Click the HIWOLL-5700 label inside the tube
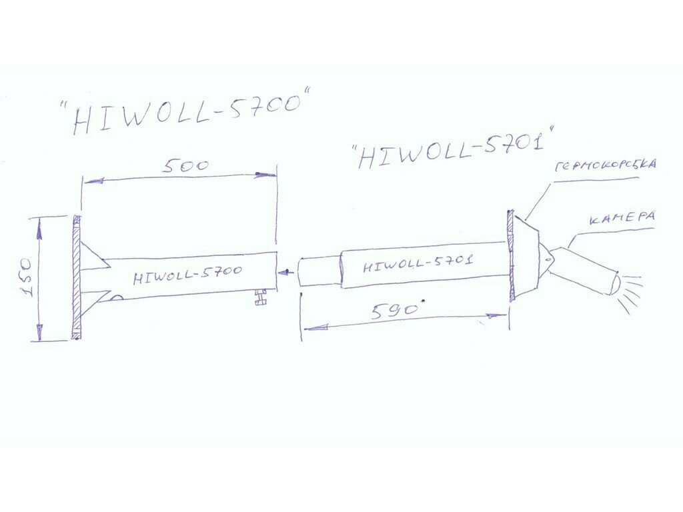187,273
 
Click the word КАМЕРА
621,218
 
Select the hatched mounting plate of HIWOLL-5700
76,277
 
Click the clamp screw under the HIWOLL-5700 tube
259,297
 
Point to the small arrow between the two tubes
286,272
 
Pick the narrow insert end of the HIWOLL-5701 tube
319,272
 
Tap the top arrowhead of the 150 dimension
39,231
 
